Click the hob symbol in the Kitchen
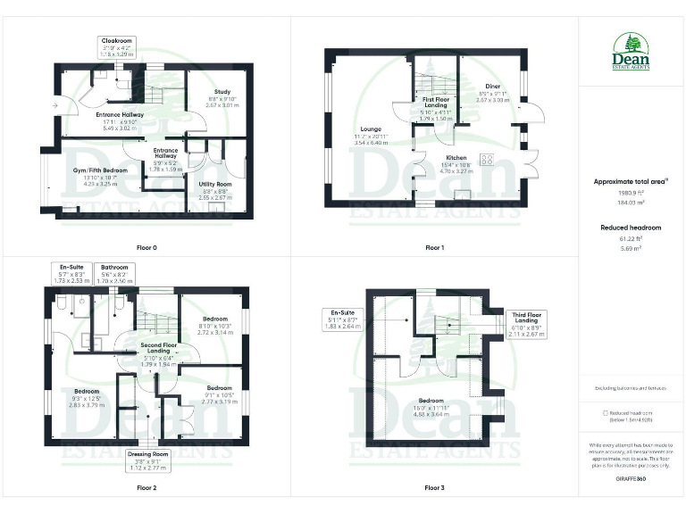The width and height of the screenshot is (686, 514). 488,161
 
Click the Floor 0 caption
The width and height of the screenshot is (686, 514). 146,246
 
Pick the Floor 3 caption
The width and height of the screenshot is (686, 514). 434,488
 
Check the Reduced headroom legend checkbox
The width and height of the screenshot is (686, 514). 606,413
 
